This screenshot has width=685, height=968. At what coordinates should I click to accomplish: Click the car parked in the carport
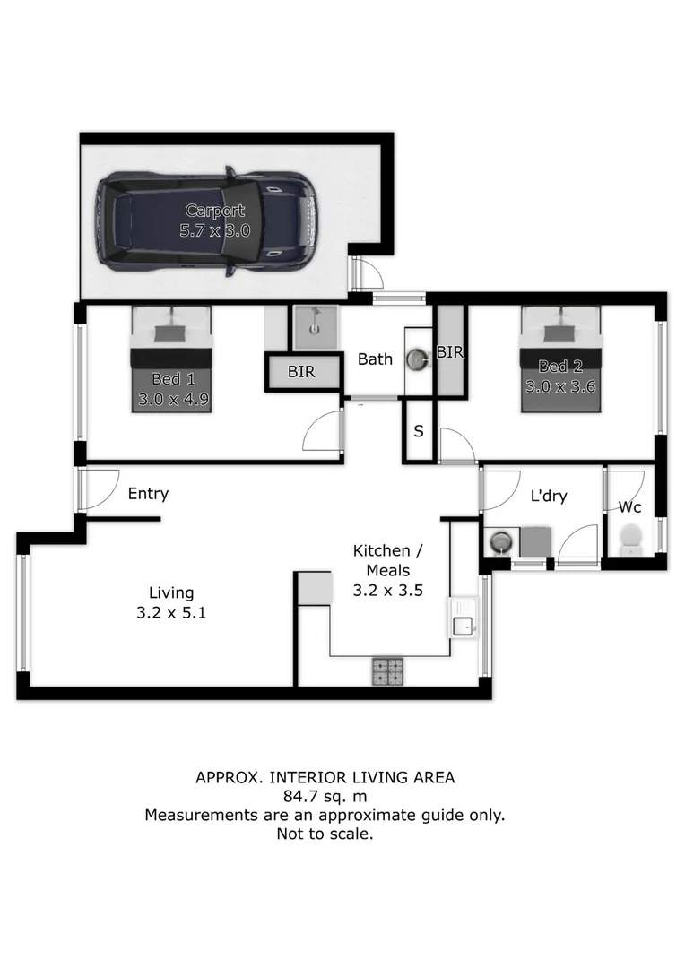(x=205, y=221)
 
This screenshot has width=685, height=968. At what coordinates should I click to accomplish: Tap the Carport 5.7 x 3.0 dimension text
(x=215, y=231)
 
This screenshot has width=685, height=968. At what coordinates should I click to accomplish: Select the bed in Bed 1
(x=171, y=359)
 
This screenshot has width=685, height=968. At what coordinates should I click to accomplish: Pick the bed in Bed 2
(x=561, y=359)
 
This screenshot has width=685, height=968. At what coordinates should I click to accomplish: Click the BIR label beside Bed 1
(x=301, y=372)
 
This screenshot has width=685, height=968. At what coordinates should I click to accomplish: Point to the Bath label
(x=375, y=359)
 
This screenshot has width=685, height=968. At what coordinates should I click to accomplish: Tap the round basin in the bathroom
(x=416, y=359)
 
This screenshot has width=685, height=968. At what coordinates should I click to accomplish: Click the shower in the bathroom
(x=315, y=327)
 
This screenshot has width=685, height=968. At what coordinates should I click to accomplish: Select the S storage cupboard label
(x=419, y=431)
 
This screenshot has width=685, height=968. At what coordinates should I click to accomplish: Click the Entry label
(x=148, y=494)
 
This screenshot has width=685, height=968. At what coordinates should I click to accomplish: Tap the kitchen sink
(x=463, y=618)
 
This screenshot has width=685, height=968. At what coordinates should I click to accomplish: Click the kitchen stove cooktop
(x=388, y=671)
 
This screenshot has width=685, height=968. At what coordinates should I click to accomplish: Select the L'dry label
(x=549, y=496)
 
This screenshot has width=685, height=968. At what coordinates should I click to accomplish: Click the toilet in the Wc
(x=630, y=538)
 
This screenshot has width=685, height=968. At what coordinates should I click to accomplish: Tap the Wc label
(x=630, y=507)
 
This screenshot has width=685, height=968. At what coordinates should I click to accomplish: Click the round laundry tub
(x=501, y=542)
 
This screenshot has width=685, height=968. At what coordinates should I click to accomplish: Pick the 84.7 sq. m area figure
(x=325, y=797)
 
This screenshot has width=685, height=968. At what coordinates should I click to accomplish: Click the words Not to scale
(x=325, y=834)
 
